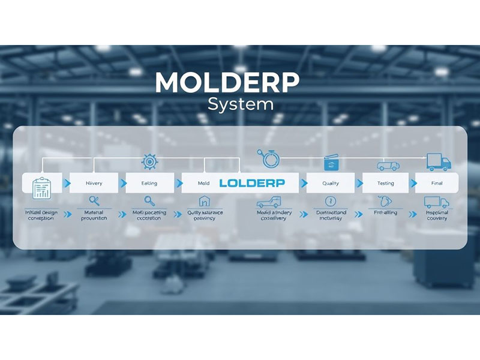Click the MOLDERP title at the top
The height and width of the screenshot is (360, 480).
tap(227, 83)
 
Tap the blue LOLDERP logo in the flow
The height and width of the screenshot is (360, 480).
tap(252, 182)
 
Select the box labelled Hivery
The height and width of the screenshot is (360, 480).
tap(94, 183)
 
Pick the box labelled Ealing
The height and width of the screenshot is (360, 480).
tap(149, 183)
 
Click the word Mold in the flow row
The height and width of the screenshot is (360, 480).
tap(204, 183)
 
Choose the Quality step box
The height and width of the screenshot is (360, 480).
tap(331, 183)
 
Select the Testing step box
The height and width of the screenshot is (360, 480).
tap(386, 183)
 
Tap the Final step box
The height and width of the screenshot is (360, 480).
tap(437, 183)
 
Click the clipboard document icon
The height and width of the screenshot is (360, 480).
tap(41, 187)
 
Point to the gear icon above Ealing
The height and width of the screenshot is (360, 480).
tap(149, 161)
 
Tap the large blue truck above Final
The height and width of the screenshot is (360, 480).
tap(439, 161)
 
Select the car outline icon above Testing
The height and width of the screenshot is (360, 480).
tap(387, 166)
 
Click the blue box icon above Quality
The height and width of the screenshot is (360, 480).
tap(331, 163)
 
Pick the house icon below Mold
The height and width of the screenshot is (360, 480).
tap(204, 202)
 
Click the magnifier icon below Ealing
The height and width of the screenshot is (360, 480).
tap(149, 202)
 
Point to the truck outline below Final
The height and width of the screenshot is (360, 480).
tap(436, 202)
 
